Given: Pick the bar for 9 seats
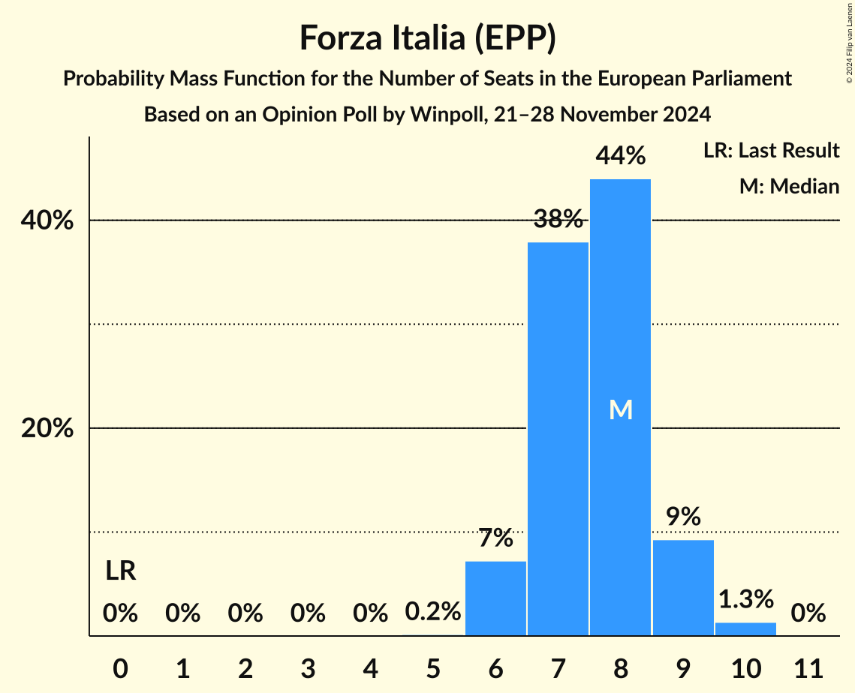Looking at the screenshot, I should pos(683,588).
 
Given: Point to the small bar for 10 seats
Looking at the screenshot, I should pos(745,629).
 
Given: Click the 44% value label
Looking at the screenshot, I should pos(620,156).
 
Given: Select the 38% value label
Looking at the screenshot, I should pos(558,220).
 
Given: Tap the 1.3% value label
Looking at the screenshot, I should pos(745,599).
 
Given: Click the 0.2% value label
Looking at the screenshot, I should pos(433,612).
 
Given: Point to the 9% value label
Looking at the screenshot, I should pos(683,517).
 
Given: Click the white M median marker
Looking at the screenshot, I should pos(621,409).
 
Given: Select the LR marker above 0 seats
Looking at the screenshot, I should pos(120,571).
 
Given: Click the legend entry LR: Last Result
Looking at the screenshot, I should pos(771,151).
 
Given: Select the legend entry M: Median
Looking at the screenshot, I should pos(788,187).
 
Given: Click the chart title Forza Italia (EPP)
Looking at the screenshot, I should pos(427,38).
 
